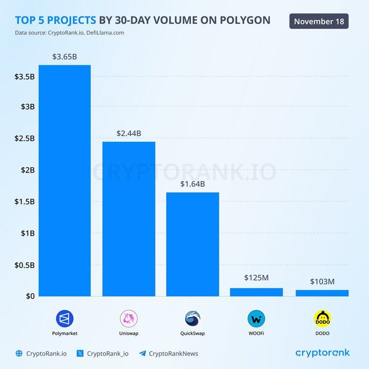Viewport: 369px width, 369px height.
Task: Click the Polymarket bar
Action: pyautogui.click(x=65, y=180)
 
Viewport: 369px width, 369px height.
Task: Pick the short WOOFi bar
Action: pyautogui.click(x=256, y=292)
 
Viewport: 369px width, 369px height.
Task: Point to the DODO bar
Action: pyautogui.click(x=322, y=293)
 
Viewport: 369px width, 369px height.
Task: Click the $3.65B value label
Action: pyautogui.click(x=65, y=57)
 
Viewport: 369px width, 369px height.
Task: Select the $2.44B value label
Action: pyautogui.click(x=129, y=134)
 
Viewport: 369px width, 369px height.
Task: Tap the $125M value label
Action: pyautogui.click(x=256, y=278)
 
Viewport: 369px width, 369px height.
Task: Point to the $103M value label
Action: pyautogui.click(x=322, y=280)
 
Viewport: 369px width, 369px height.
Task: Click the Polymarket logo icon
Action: pyautogui.click(x=65, y=319)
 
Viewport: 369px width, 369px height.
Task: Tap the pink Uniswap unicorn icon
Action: pyautogui.click(x=129, y=319)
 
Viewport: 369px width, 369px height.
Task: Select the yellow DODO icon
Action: pyautogui.click(x=322, y=319)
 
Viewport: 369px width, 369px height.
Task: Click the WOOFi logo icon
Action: pyautogui.click(x=256, y=319)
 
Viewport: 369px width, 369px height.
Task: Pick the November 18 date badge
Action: pyautogui.click(x=319, y=21)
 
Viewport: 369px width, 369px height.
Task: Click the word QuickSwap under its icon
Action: pyautogui.click(x=192, y=333)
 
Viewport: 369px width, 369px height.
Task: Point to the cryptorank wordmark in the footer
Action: pyautogui.click(x=322, y=353)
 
